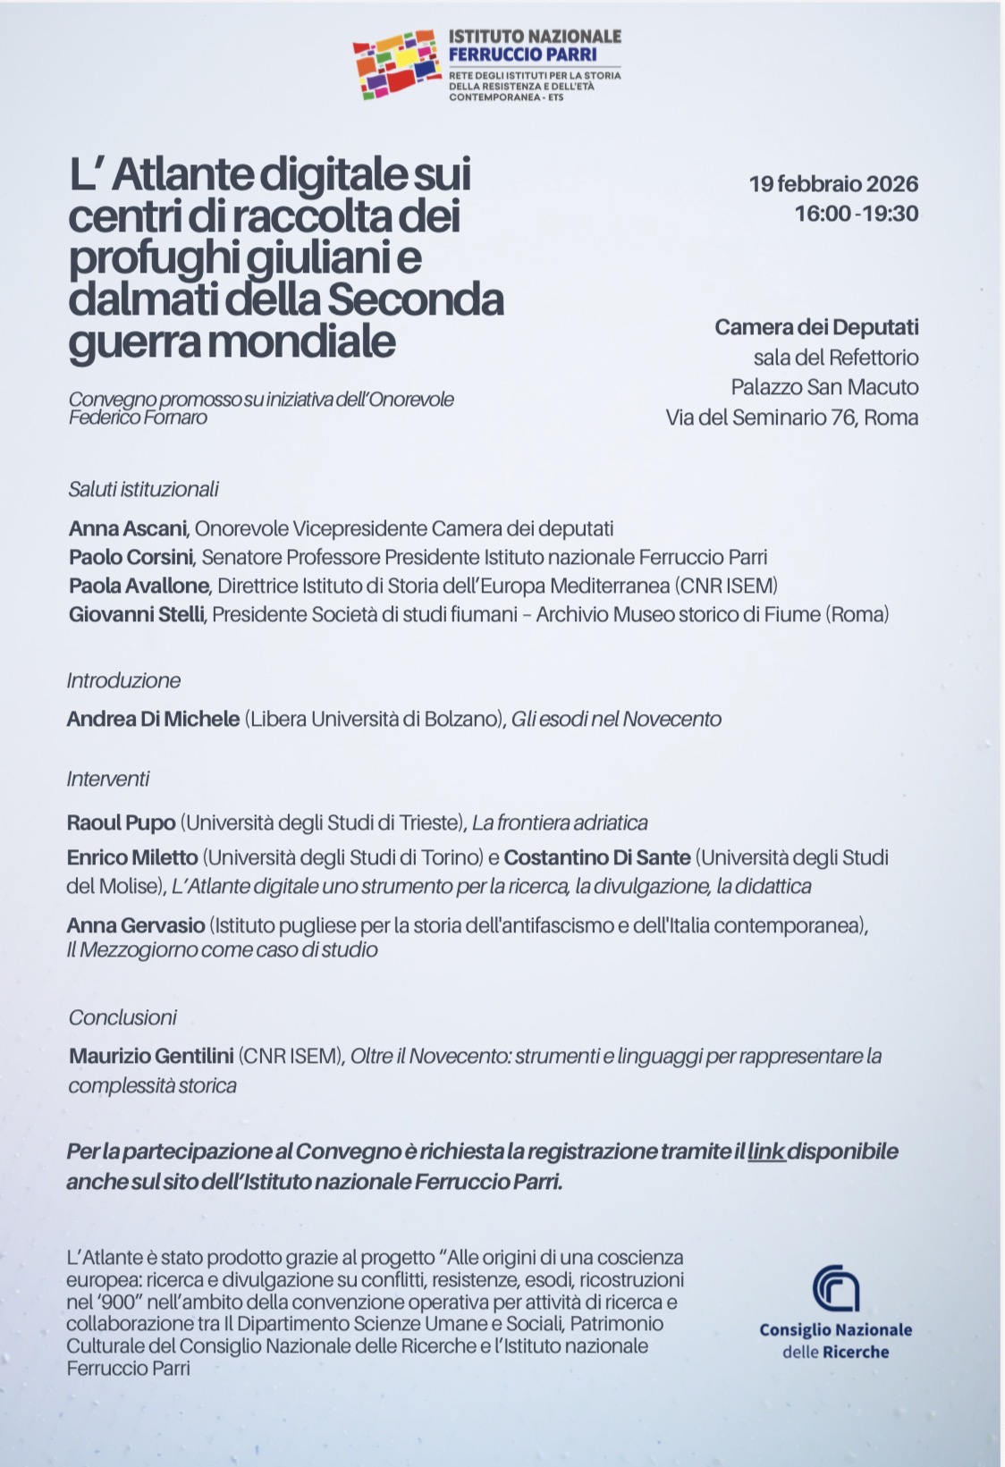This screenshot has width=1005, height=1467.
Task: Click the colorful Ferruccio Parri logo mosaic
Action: coord(394,63)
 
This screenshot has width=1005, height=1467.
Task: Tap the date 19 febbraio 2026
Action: coord(833,184)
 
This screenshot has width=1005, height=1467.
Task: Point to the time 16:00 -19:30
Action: coord(856,214)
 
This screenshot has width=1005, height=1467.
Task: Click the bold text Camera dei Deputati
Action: coord(816,327)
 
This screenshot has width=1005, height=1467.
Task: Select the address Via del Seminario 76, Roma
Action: coord(791,417)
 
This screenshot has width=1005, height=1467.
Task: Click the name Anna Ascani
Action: coord(128,528)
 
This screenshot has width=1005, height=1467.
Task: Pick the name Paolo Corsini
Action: coord(131,557)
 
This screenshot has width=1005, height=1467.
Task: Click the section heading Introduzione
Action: coord(123,680)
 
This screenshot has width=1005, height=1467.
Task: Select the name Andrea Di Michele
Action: coord(153,719)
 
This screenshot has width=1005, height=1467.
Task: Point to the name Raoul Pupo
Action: coord(121,822)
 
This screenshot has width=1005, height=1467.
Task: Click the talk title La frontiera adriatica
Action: coord(560,822)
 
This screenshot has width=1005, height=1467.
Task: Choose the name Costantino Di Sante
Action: coord(597,858)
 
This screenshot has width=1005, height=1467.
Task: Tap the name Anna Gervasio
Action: coord(136,925)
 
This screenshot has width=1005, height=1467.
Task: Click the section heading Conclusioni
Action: coord(122,1017)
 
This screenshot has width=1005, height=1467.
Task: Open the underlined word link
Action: coord(766,1151)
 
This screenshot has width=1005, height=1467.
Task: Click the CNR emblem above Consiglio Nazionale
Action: coord(836,1288)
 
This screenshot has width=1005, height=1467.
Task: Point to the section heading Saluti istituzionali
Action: coord(143,489)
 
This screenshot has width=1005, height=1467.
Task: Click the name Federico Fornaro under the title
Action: coord(138,417)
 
